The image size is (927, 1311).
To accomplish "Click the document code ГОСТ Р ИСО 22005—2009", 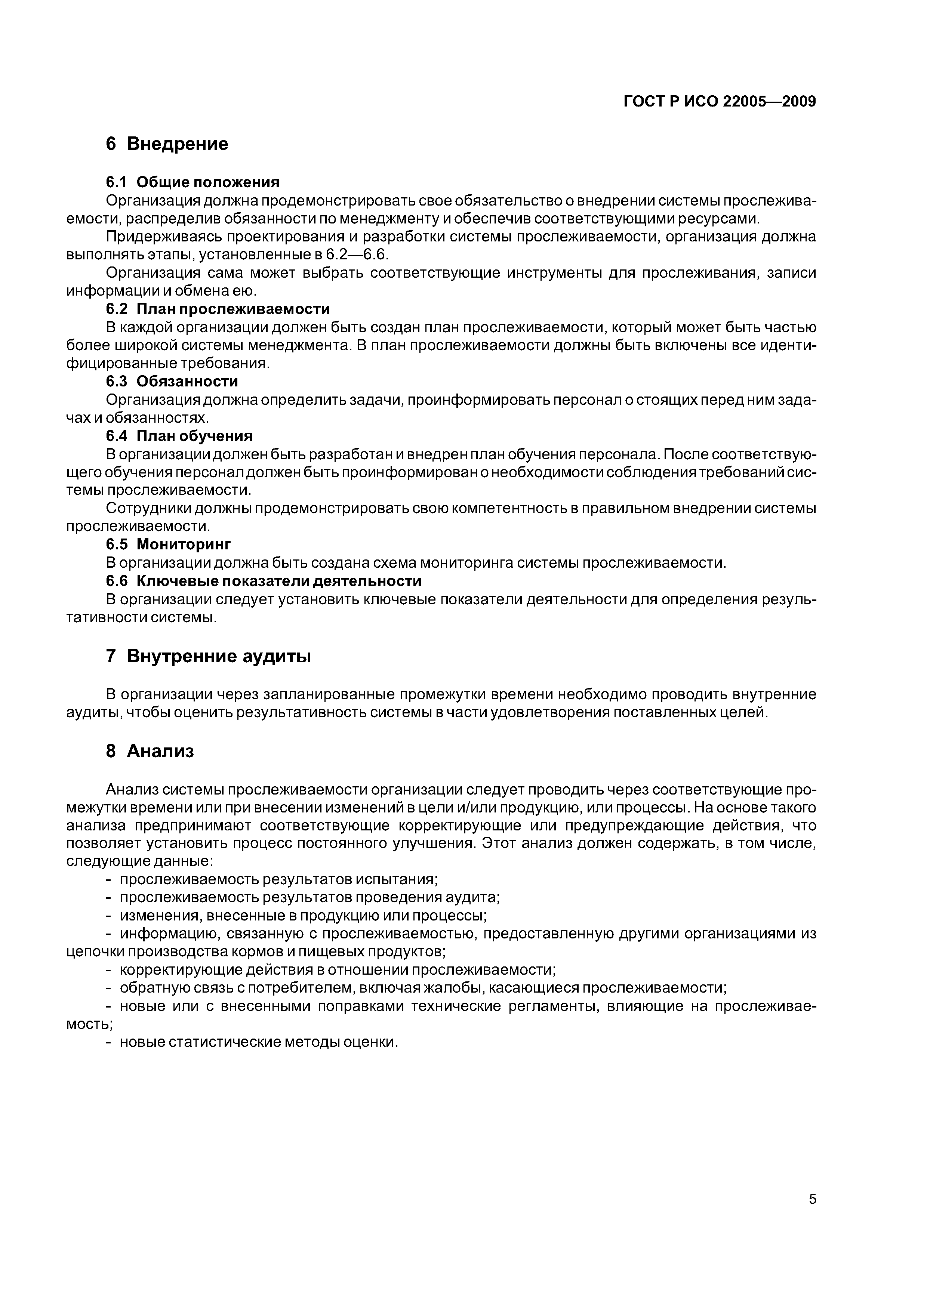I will (x=719, y=102).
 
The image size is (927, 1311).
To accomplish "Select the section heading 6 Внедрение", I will (x=167, y=144).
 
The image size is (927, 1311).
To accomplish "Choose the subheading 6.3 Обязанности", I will (x=171, y=382).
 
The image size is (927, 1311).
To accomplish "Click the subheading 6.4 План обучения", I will (x=179, y=436).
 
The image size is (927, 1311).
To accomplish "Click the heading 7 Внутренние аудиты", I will (x=209, y=657).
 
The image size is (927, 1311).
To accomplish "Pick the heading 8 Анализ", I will (x=150, y=752).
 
